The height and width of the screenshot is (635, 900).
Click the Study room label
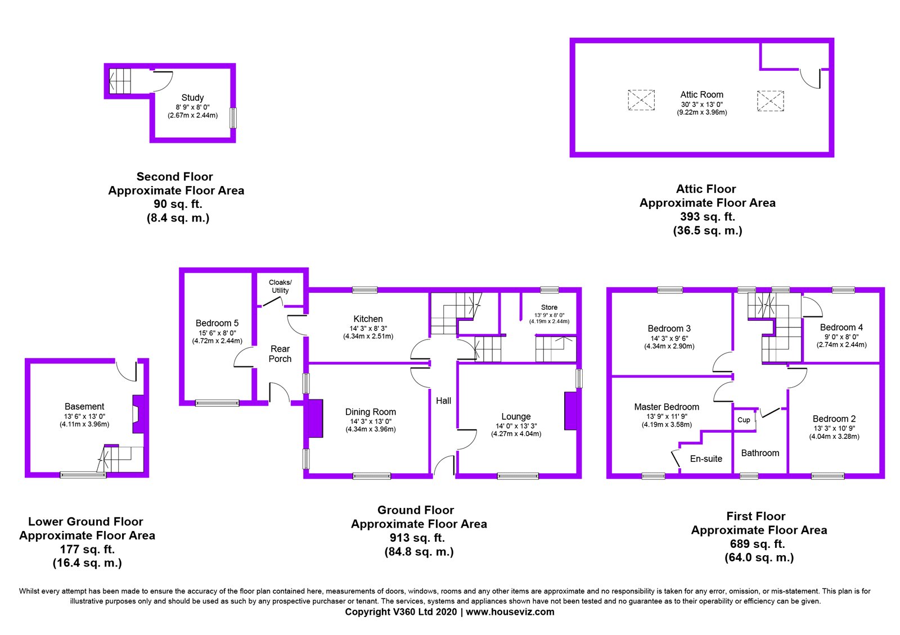tap(192, 98)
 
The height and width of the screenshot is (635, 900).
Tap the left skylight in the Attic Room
tap(641, 100)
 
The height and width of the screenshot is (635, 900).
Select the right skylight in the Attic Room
tap(770, 101)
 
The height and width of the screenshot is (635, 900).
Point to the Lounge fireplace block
tap(570, 411)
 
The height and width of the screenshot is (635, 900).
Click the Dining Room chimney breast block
tap(314, 418)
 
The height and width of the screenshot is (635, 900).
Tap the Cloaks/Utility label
tap(280, 286)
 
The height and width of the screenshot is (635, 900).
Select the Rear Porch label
tap(280, 353)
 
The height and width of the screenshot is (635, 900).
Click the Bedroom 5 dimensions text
tap(217, 337)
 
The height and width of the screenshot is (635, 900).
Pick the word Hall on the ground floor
tap(443, 401)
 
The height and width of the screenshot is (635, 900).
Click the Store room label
tap(549, 307)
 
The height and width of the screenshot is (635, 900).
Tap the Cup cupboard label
tap(744, 420)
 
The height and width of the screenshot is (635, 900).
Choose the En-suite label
tap(706, 459)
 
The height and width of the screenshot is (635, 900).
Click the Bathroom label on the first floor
tap(760, 453)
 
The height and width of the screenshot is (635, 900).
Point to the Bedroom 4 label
tap(841, 327)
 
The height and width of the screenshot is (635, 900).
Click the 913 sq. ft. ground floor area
tap(417, 538)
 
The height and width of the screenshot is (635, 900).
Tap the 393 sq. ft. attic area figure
tap(707, 216)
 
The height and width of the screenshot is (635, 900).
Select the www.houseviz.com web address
tap(510, 612)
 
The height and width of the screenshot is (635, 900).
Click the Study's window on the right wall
tap(233, 118)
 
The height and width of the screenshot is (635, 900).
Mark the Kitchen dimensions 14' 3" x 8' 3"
tap(368, 328)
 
